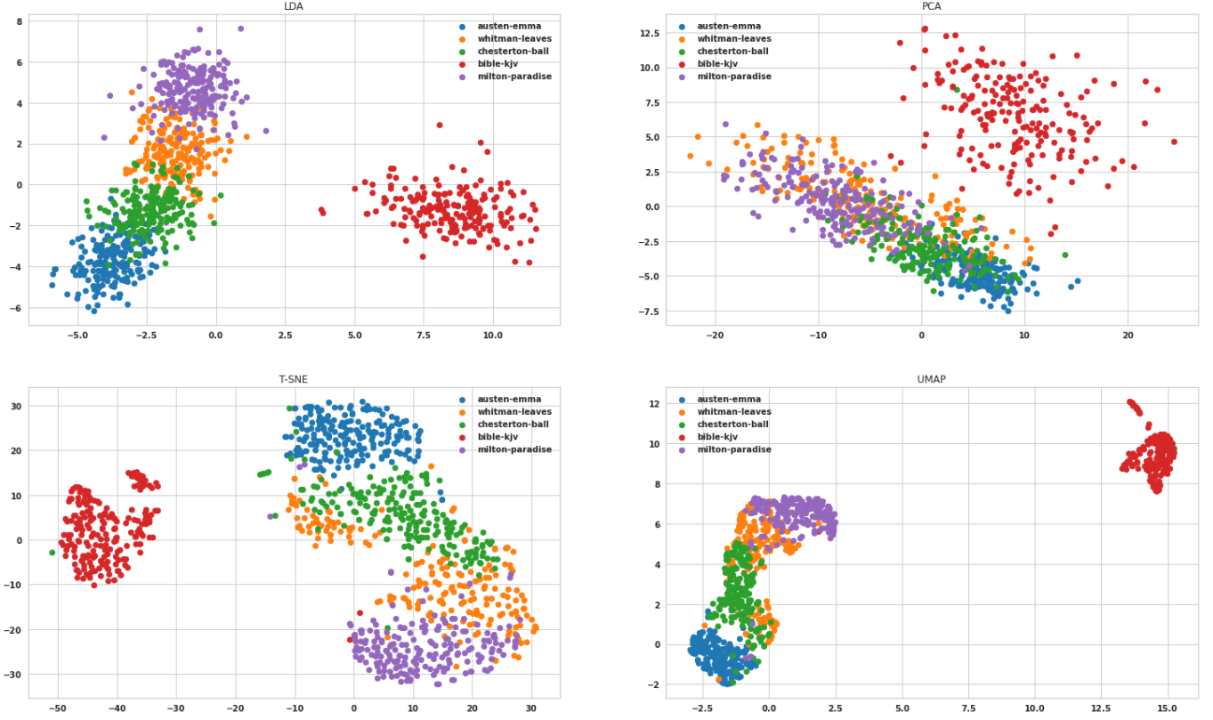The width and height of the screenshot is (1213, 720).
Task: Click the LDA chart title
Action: pos(294,6)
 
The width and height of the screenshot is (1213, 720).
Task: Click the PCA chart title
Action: pos(932,6)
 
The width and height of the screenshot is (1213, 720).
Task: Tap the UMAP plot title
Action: pos(932,379)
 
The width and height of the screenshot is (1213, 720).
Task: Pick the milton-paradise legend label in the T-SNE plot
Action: pos(514,449)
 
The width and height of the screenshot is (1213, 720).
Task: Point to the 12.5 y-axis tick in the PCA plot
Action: pos(647,33)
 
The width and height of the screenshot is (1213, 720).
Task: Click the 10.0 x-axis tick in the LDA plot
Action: pos(492,336)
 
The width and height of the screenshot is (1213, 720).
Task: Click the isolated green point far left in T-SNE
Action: pos(53,553)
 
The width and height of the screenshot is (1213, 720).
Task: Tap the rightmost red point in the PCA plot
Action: pos(1174,142)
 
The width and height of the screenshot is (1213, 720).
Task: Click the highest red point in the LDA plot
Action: pos(440,125)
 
